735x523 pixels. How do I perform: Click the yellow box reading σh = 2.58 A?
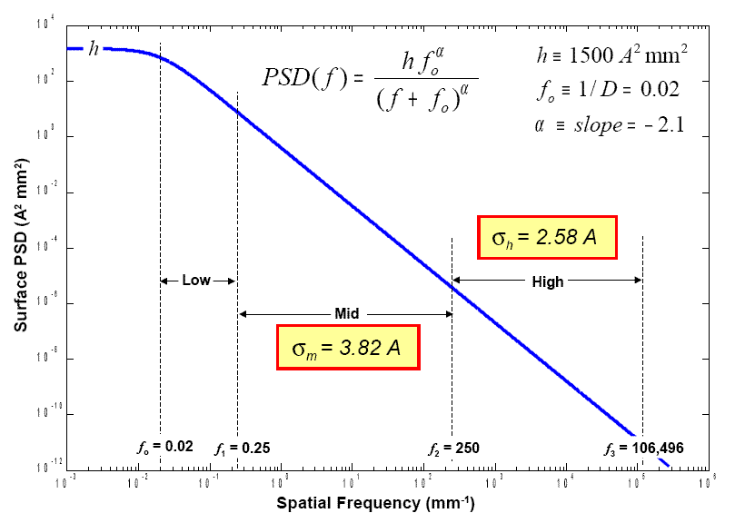(x=547, y=239)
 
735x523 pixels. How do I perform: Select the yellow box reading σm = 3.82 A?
(x=348, y=346)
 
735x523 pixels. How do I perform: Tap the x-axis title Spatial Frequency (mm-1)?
(x=375, y=501)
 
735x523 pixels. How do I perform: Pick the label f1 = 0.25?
(x=242, y=448)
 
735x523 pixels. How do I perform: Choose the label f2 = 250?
(x=453, y=448)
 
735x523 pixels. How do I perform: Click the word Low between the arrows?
(x=196, y=281)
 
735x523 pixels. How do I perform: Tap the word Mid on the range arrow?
(x=345, y=313)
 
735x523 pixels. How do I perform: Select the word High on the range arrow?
(x=548, y=281)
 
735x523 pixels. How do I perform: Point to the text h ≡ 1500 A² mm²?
(x=611, y=57)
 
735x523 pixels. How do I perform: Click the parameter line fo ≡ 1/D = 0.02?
(x=607, y=90)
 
